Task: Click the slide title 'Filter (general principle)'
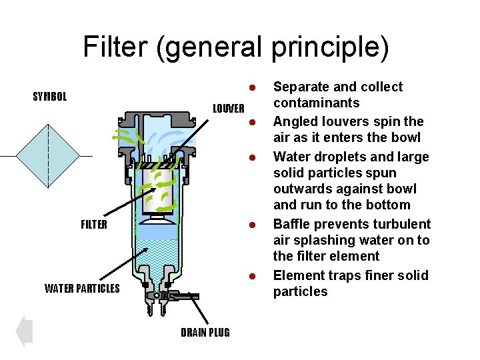pos(236,47)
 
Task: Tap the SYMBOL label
pos(50,97)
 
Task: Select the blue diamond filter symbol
pos(47,156)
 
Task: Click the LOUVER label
pos(229,108)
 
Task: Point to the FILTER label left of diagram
pos(93,225)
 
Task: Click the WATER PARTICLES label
pos(82,289)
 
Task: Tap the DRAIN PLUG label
pos(205,333)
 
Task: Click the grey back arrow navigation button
pos(23,331)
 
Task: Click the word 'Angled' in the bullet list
pos(294,121)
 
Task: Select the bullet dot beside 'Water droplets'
pos(253,157)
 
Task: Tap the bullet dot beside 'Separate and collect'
pos(253,88)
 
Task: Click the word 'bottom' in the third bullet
pos(387,205)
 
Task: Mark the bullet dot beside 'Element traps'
pos(253,276)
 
